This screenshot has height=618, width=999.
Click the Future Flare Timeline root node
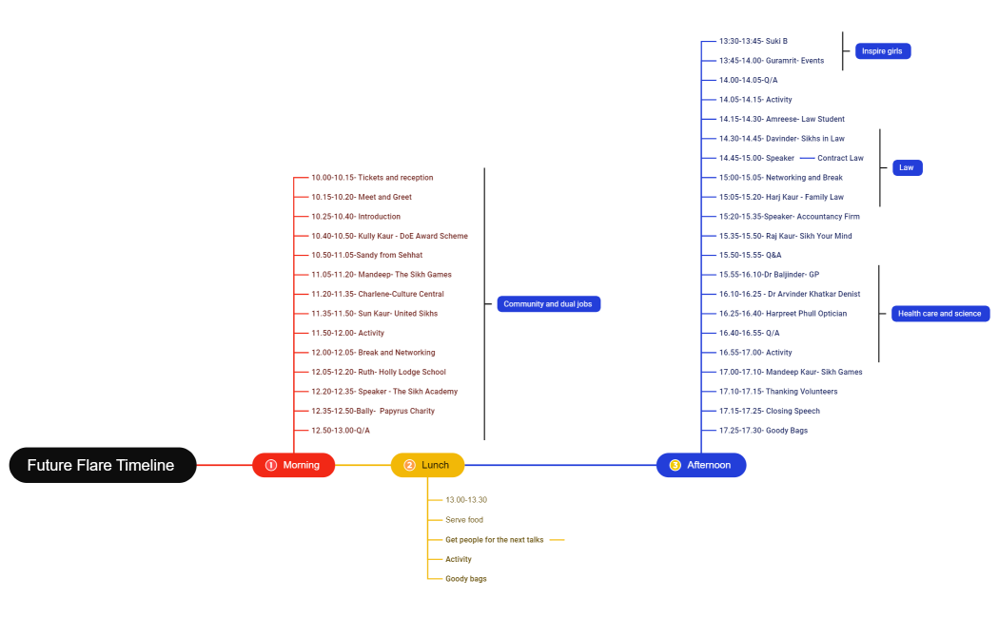[103, 465]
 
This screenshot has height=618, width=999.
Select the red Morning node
[293, 465]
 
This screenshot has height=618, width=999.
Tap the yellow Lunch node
[427, 465]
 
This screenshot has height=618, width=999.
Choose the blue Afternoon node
[701, 465]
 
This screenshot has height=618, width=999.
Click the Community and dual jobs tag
[549, 304]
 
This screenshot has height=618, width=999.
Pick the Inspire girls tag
[882, 51]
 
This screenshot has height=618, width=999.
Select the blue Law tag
[907, 168]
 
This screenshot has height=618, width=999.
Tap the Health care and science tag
[939, 314]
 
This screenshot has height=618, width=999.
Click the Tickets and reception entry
[372, 178]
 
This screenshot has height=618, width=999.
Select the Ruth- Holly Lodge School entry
[378, 373]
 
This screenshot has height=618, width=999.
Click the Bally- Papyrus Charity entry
[372, 412]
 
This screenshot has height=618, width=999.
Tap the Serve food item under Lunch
[464, 520]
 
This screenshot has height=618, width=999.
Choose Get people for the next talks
[494, 540]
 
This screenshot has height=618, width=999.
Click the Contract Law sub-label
[840, 159]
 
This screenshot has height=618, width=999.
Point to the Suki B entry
[753, 42]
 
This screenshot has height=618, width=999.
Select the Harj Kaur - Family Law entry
[781, 198]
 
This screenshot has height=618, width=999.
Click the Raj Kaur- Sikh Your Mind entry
[785, 237]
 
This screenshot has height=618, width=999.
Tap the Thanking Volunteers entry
[765, 392]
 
